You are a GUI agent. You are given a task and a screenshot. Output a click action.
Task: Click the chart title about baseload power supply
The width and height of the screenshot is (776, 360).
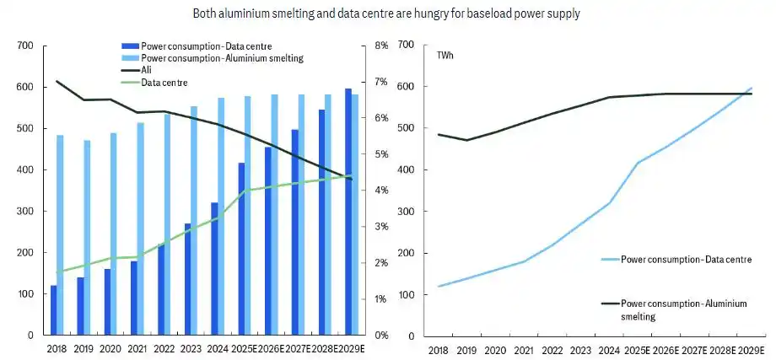point(387,13)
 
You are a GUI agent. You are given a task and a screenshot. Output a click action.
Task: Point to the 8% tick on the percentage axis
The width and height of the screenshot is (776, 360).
point(381,46)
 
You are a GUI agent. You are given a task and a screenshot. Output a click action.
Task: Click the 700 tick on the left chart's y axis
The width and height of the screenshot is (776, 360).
point(25,46)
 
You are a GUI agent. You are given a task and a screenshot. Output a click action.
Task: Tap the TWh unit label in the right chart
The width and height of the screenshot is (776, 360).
point(445,56)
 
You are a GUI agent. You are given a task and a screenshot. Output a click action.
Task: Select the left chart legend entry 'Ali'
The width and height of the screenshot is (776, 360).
point(147,70)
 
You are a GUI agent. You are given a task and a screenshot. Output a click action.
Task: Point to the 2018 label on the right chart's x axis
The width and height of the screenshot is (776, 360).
point(439,350)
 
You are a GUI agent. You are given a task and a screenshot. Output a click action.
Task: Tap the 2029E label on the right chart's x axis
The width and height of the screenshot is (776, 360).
point(751,350)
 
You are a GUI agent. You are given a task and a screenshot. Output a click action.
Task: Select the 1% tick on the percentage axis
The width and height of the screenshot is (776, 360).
point(381,299)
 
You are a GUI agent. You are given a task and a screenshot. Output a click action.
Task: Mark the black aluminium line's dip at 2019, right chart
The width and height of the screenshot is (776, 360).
point(466,140)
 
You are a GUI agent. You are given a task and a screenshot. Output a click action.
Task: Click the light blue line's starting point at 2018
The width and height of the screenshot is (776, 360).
point(439,286)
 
